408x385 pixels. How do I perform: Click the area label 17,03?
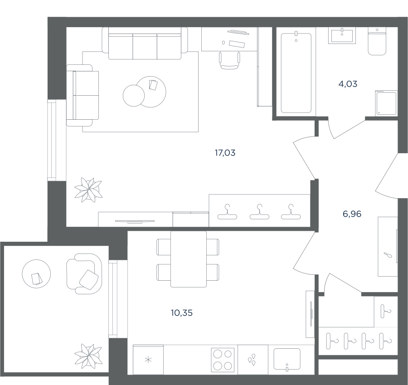pos(225,153)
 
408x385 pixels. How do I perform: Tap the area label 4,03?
pos(348,84)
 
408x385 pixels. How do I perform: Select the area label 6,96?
pos(352,214)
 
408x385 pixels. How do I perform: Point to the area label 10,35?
pos(182,312)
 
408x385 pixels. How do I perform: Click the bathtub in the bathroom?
pos(296,73)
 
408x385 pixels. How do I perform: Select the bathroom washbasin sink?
pos(342,36)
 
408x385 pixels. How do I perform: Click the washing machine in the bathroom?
pos(386,103)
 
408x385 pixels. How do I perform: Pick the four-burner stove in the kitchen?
pos(223,360)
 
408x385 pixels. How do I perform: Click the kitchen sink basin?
pos(287,359)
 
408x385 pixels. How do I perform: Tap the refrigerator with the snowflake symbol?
pos(148,360)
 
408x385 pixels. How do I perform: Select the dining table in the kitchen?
pos(189,259)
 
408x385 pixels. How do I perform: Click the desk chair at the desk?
pos(229,60)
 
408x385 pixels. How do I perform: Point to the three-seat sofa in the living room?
pos(145,44)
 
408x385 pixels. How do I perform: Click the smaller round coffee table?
pos(133,96)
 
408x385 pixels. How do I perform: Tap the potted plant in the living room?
pos(88,190)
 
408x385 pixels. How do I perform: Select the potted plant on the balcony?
pos(88,356)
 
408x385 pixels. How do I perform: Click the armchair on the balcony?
pos(84,274)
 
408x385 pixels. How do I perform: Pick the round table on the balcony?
pos(36,274)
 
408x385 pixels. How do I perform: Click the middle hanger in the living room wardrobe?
pos(259,212)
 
